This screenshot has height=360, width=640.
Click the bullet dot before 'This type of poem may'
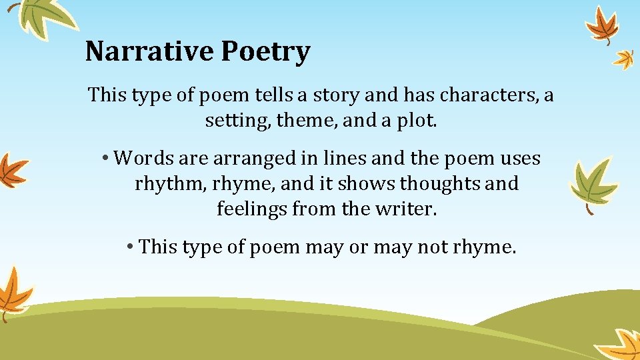(131, 247)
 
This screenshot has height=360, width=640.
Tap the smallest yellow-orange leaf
(623, 59)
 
